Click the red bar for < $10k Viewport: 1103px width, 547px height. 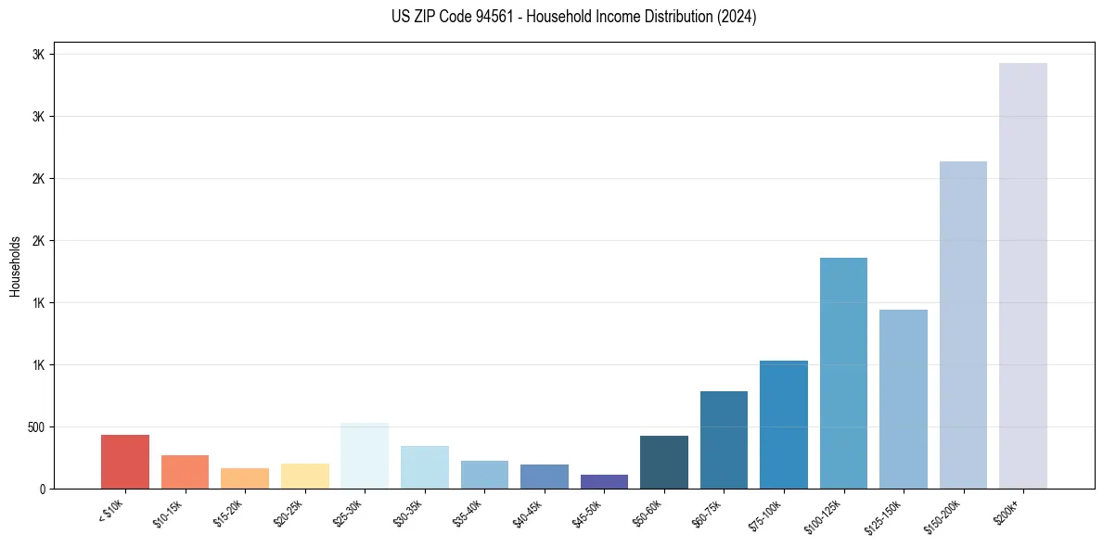(x=125, y=462)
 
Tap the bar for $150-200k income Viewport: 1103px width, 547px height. (x=963, y=324)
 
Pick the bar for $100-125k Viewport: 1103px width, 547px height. (x=843, y=373)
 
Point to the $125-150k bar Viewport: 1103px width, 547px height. (x=904, y=399)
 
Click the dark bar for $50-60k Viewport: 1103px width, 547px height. (x=664, y=462)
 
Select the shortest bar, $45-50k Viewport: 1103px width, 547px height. (x=604, y=481)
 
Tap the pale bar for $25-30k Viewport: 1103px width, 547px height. (x=365, y=456)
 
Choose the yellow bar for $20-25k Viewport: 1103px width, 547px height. (x=305, y=476)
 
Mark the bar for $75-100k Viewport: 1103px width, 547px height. (x=784, y=425)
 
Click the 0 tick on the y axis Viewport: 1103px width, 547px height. (x=42, y=489)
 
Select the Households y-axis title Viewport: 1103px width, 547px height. (x=15, y=266)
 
